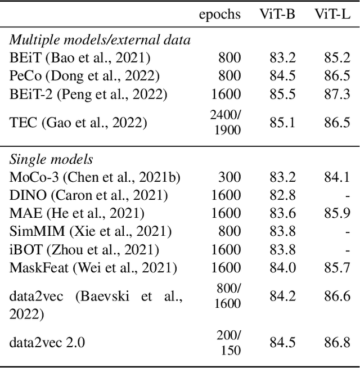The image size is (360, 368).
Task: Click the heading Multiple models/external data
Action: click(100, 40)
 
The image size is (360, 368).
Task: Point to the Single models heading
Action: click(51, 160)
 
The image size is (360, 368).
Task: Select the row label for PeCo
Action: click(84, 75)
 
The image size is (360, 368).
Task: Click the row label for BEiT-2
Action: click(88, 93)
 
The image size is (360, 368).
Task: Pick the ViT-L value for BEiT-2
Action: click(336, 93)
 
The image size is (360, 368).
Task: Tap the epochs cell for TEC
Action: click(225, 122)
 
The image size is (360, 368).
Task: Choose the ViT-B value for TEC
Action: click(282, 122)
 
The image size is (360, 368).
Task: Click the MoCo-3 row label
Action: click(95, 177)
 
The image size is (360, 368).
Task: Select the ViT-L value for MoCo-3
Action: click(336, 177)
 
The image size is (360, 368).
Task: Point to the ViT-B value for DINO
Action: click(282, 195)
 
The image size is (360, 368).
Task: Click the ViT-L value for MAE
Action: click(336, 213)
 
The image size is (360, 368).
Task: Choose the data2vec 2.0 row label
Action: click(47, 342)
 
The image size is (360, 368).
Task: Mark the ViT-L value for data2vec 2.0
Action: click(336, 342)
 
